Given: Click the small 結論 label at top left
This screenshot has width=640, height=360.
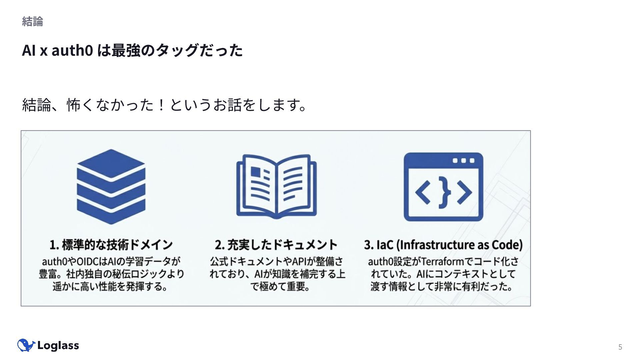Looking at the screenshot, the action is click(32, 21).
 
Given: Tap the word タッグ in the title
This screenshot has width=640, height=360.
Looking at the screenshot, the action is click(177, 50).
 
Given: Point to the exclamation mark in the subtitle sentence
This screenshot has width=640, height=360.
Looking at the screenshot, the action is click(162, 105).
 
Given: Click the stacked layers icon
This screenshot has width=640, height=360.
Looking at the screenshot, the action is click(111, 187).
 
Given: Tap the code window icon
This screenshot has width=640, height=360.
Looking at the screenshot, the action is click(443, 187).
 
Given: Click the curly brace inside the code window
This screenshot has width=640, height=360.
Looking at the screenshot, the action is click(444, 192).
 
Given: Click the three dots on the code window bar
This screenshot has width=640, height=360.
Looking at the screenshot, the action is click(463, 161).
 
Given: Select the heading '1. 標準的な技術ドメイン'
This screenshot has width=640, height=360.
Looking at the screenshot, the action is click(111, 245).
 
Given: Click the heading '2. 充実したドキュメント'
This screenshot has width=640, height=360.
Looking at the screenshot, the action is click(276, 245).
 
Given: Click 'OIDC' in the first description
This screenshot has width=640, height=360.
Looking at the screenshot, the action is click(88, 261).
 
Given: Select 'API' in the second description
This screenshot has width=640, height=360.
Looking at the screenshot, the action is click(299, 261).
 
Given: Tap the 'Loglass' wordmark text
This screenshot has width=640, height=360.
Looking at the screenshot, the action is click(58, 346).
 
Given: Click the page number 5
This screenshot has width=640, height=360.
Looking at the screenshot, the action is click(620, 347).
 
